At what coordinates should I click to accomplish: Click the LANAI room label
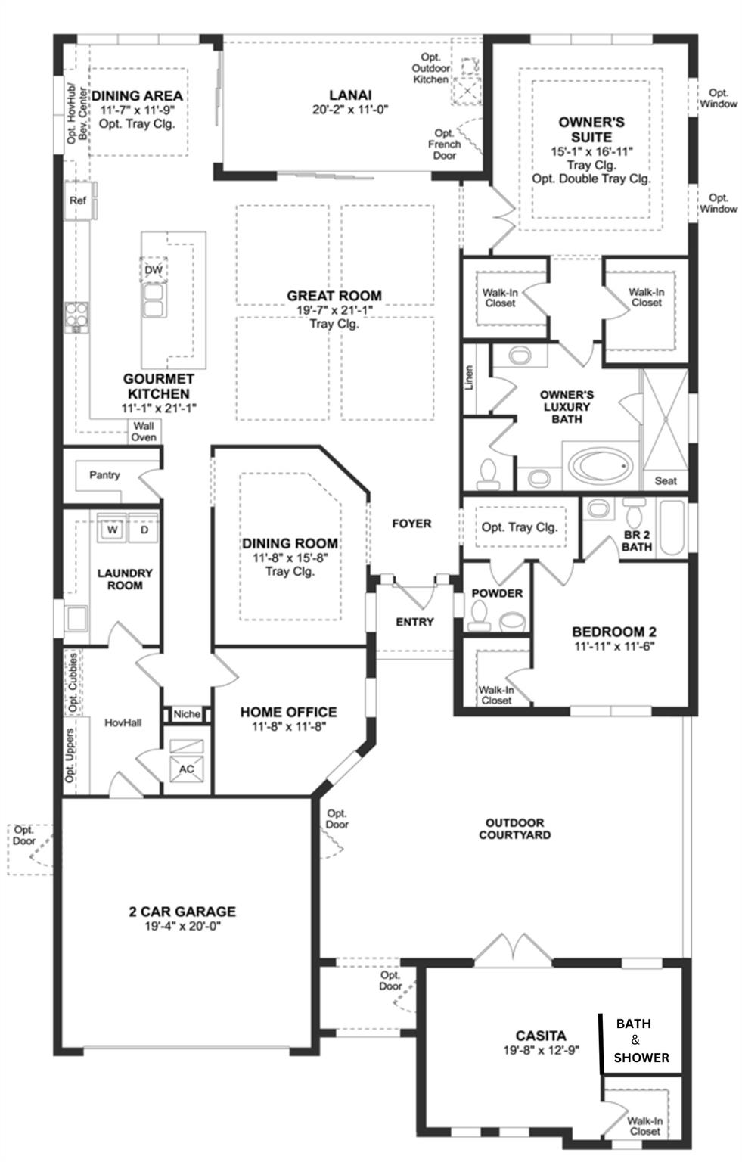350,95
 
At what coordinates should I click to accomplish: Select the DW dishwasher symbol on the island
154,270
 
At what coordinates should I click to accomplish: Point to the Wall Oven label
144,432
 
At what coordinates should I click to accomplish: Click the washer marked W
111,529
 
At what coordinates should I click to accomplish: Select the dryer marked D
144,529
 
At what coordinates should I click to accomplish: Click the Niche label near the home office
187,714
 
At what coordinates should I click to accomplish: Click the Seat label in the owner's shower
666,481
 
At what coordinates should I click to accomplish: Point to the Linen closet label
469,377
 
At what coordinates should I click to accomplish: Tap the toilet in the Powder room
480,616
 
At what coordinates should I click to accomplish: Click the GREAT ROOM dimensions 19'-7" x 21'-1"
334,310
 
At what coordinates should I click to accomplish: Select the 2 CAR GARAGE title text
182,912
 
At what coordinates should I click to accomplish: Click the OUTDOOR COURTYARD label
515,828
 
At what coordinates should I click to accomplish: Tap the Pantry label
104,475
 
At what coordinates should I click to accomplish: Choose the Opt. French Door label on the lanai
445,144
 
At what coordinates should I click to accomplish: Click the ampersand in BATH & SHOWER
635,1040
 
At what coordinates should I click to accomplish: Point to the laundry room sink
76,618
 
